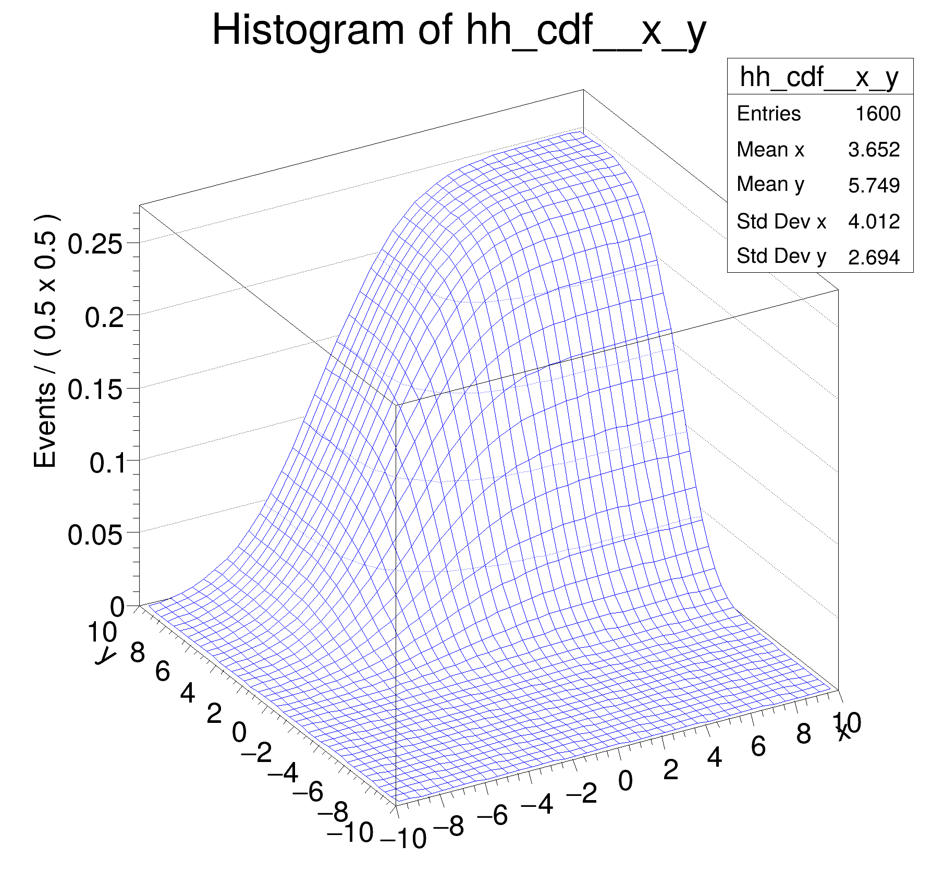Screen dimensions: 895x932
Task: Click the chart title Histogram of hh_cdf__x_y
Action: pos(459,31)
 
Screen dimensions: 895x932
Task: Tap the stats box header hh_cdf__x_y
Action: pos(819,77)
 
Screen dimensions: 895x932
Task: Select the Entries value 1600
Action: pos(878,114)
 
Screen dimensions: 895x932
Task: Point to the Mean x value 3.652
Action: pos(874,150)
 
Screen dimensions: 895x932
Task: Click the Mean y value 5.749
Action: pos(874,185)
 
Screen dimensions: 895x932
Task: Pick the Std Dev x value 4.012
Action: pos(874,222)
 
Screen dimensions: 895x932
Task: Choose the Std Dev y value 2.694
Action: pos(874,257)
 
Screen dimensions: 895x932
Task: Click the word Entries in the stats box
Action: pos(768,114)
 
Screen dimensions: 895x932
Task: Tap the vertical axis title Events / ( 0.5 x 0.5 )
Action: pos(46,342)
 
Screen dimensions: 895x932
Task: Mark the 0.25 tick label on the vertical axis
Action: pos(95,244)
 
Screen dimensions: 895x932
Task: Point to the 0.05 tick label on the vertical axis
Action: pos(95,535)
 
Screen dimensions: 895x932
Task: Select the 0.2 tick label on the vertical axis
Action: pos(104,317)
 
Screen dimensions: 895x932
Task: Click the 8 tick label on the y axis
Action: pos(138,652)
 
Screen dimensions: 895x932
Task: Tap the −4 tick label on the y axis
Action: pos(283,772)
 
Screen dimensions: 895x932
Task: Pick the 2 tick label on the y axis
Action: pos(214,713)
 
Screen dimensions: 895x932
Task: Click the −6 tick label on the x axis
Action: pos(492,815)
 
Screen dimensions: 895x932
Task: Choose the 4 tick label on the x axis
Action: pos(715,757)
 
